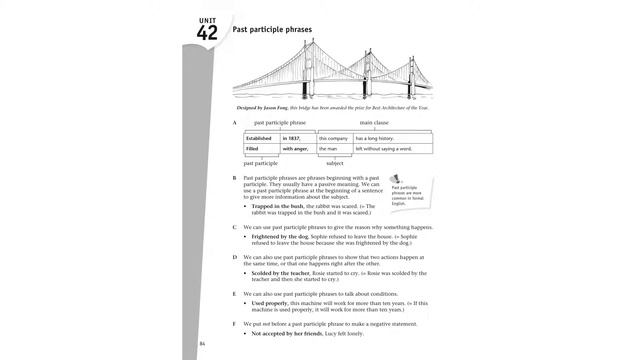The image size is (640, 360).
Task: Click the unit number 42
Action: pyautogui.click(x=207, y=31)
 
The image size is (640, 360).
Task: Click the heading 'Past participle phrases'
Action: pyautogui.click(x=271, y=30)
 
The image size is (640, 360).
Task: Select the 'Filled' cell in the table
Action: pyautogui.click(x=252, y=149)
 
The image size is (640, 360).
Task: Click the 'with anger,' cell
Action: pyautogui.click(x=297, y=149)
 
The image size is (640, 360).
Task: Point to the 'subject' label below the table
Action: pyautogui.click(x=335, y=162)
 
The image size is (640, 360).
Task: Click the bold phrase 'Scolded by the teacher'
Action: pyautogui.click(x=279, y=272)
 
